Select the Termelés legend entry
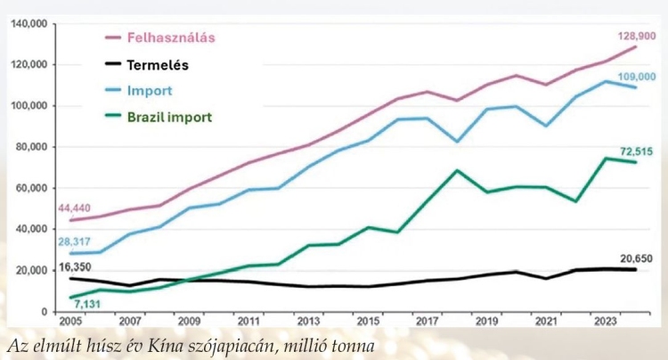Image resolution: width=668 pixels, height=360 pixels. (156, 65)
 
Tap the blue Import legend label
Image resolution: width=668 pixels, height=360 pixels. (149, 91)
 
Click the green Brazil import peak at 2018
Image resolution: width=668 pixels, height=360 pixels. (456, 170)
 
